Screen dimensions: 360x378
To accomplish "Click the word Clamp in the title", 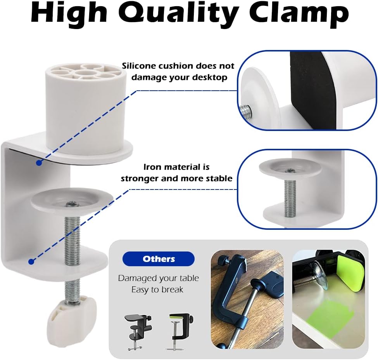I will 299,14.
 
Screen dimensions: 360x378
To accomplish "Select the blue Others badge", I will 159,259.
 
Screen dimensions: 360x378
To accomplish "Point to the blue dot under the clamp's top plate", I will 39,163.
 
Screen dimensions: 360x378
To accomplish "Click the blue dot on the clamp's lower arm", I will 31,262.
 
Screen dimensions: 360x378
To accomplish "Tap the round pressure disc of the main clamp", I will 72,198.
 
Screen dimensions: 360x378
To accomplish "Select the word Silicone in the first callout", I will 138,66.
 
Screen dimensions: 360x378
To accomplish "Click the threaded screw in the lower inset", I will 290,194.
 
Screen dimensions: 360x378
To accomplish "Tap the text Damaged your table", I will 158,278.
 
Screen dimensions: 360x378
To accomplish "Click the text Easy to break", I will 157,289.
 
